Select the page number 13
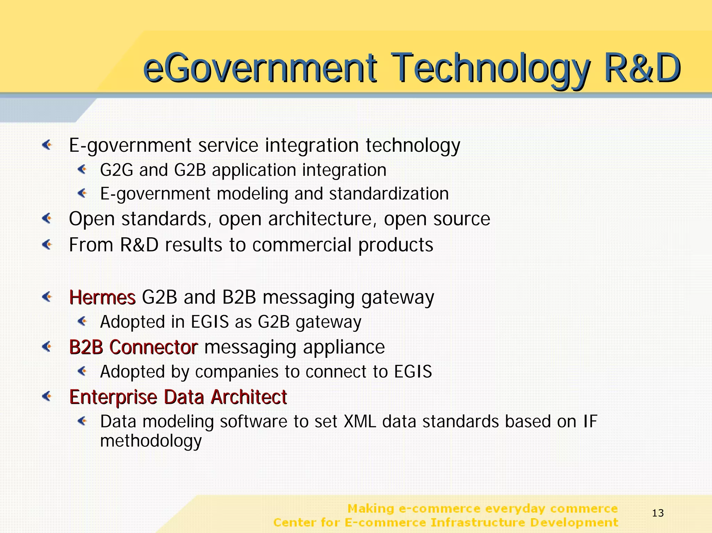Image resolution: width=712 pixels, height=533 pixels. click(x=658, y=513)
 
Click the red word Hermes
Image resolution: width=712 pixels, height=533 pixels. click(x=102, y=298)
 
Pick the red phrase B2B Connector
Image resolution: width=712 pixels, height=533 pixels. click(x=133, y=347)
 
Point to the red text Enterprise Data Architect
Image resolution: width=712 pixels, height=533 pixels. click(x=178, y=397)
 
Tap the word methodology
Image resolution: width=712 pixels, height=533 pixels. click(x=151, y=441)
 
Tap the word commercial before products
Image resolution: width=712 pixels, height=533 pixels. click(x=302, y=245)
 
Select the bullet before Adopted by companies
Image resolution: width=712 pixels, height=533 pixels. click(x=82, y=371)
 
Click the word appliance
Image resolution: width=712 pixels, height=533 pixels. click(x=343, y=347)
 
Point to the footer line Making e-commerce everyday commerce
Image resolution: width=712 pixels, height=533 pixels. click(x=483, y=509)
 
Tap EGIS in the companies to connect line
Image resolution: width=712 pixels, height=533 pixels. click(x=413, y=372)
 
